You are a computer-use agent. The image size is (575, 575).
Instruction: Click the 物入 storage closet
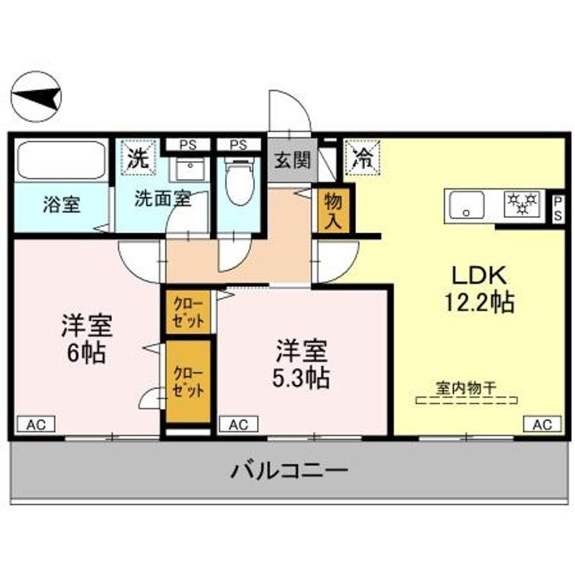point(331,211)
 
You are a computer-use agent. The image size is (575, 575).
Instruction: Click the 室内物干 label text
point(466,387)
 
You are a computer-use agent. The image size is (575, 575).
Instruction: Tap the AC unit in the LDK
point(541,424)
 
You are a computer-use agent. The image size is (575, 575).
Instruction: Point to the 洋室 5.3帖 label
point(302,363)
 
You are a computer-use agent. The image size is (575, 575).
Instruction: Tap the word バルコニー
point(289,470)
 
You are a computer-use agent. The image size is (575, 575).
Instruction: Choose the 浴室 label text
point(61,204)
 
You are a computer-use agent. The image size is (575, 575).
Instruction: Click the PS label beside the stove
point(557,206)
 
